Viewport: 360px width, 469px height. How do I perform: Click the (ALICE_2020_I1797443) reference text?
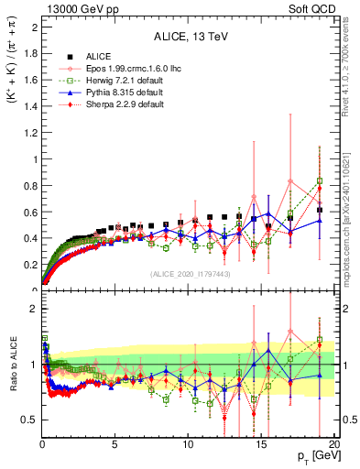coord(188,274)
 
